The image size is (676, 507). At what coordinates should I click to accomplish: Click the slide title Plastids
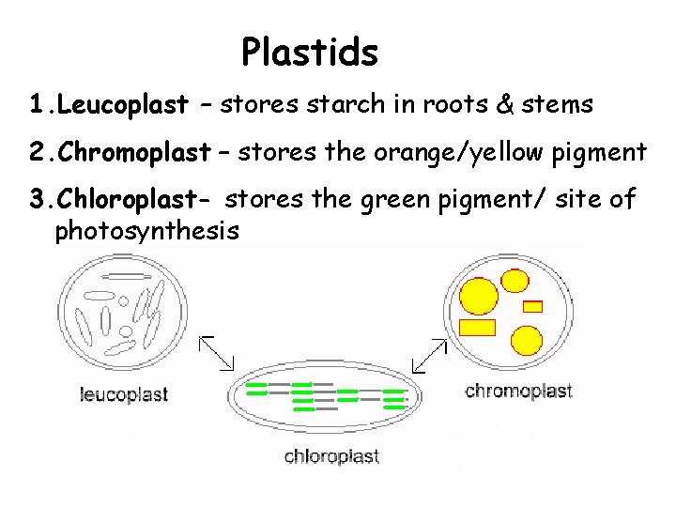pos(309,53)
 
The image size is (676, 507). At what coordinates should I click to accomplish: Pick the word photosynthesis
pos(146,230)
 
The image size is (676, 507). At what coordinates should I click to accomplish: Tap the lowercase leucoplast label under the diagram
pos(122,394)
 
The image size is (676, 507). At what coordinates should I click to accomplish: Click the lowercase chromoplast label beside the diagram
pos(518,391)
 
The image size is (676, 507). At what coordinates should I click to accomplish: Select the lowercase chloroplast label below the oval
pos(331,457)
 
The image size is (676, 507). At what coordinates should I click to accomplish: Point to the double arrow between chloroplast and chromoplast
pos(430,355)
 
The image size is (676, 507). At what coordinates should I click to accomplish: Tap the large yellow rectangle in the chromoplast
pos(478,327)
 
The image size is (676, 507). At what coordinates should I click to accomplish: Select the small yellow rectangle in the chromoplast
pos(532,305)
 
